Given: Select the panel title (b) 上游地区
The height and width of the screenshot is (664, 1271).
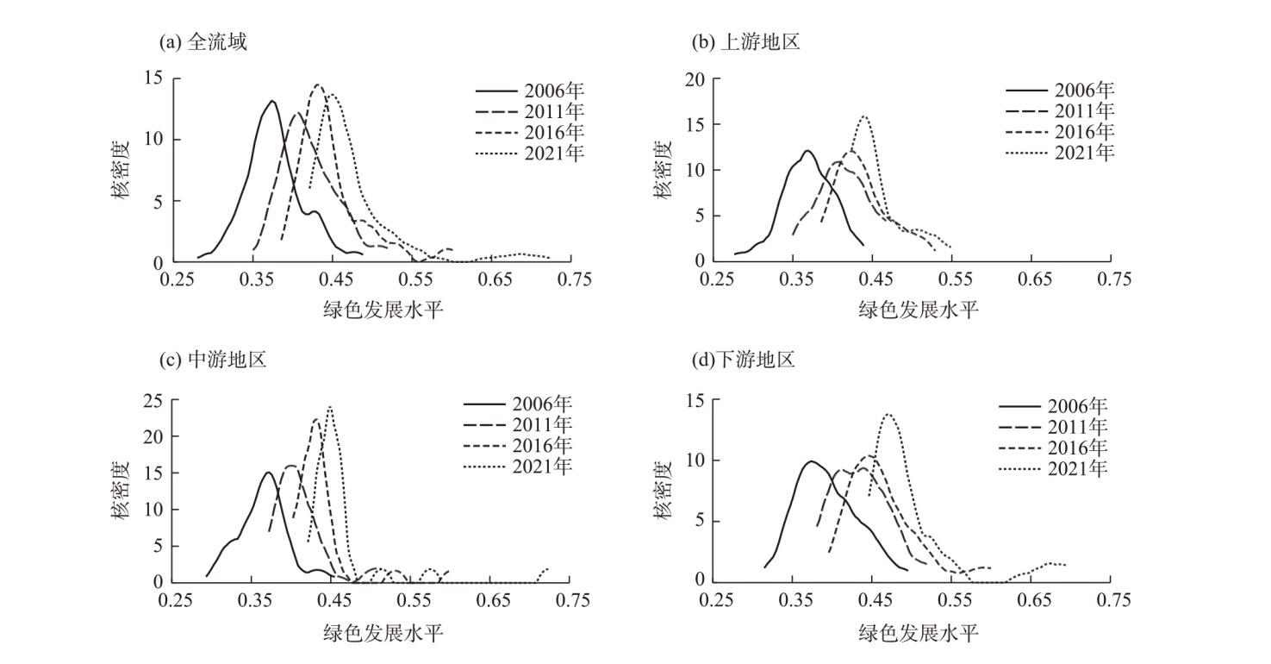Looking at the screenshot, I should pyautogui.click(x=746, y=41).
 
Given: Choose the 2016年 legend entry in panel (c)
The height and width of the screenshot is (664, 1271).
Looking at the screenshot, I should pyautogui.click(x=518, y=446).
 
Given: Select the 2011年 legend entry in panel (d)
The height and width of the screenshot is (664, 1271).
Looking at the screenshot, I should pyautogui.click(x=1053, y=427).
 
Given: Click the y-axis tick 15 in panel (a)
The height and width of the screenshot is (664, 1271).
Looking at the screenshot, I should pyautogui.click(x=153, y=78).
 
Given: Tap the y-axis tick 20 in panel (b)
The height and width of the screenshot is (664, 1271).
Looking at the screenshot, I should pyautogui.click(x=694, y=79).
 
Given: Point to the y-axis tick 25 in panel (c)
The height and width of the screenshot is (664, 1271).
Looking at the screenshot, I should pyautogui.click(x=152, y=401).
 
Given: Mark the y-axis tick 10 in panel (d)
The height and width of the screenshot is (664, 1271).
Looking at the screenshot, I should pyautogui.click(x=693, y=460).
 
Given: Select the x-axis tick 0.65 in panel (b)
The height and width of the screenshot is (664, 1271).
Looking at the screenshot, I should pyautogui.click(x=1035, y=279).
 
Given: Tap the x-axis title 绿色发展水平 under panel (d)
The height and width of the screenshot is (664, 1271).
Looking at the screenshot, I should pyautogui.click(x=918, y=633).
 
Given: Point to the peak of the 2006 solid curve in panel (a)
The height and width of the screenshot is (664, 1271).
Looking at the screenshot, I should pyautogui.click(x=272, y=101).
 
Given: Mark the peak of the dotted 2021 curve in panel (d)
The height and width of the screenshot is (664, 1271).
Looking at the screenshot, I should pyautogui.click(x=888, y=414).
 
